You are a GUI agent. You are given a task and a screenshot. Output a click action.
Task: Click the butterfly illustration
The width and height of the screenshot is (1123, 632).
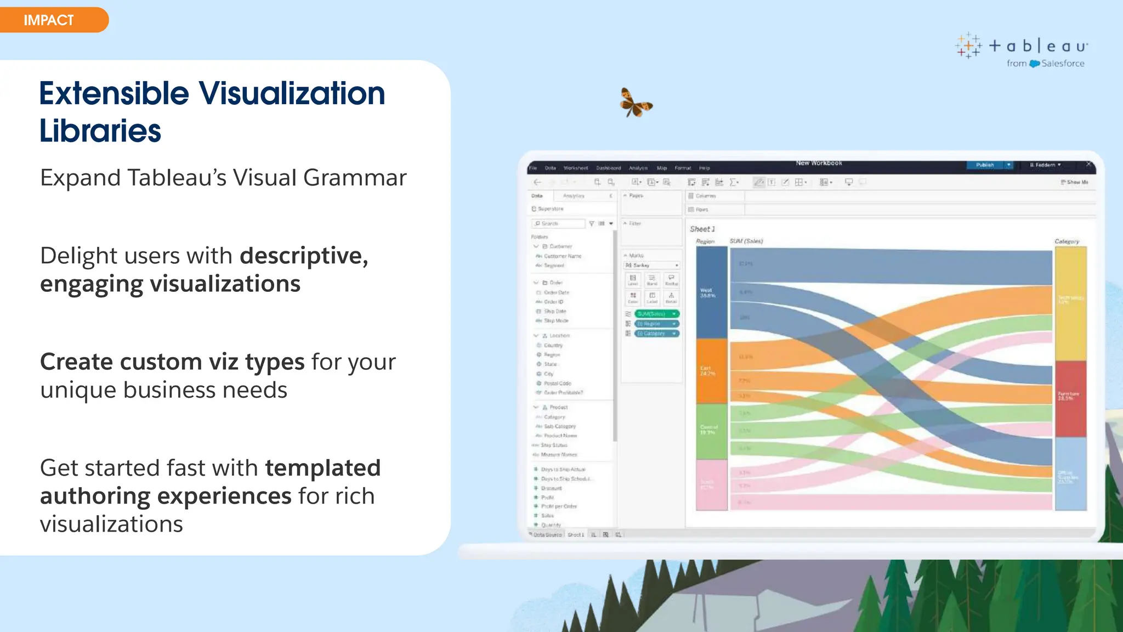coord(636,103)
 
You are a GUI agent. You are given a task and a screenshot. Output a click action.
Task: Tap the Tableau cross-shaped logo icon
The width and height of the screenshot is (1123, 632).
coord(968,46)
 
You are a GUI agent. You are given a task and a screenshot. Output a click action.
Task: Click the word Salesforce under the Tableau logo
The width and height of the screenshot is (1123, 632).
coord(1063,64)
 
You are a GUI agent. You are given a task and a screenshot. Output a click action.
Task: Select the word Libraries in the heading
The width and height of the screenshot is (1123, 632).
coord(100,131)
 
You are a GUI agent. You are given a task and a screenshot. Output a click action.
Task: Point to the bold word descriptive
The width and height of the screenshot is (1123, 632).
coord(304,256)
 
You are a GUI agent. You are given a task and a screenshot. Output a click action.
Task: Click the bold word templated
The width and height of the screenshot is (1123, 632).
coord(323,468)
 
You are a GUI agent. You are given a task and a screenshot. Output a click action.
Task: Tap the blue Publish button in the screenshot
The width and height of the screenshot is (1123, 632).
coord(985,165)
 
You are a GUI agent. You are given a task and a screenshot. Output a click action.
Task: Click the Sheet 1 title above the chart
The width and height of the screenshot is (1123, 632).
coord(702,229)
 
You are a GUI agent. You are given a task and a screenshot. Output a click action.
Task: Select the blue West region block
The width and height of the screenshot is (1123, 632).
coord(711,292)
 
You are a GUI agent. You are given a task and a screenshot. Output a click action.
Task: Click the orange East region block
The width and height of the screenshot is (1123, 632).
coord(711,371)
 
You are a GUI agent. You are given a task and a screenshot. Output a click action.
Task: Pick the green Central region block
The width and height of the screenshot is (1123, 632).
coord(711,431)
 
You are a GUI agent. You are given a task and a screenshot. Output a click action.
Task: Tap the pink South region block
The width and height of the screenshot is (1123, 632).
coord(711,485)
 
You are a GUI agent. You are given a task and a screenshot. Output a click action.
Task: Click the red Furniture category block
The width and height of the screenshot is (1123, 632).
coord(1070,398)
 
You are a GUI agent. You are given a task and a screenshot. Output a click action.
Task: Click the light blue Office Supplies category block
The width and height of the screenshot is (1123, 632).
coord(1070,474)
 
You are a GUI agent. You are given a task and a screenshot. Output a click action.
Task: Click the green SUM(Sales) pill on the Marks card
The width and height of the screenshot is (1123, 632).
coord(656,314)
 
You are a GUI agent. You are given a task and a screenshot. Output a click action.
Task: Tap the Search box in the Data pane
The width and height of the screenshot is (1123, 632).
coord(558,223)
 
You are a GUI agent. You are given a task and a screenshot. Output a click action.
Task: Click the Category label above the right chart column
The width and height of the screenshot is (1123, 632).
coord(1067,241)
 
